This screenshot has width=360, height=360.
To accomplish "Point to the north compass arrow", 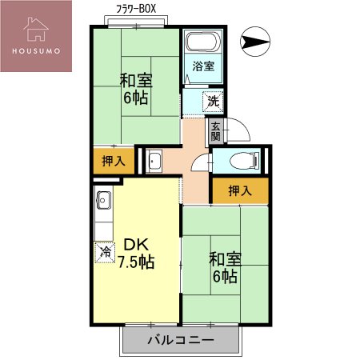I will tap(255, 42).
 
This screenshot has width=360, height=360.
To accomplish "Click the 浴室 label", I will tap(203, 67).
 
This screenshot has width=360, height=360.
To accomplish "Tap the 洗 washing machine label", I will tap(212, 101).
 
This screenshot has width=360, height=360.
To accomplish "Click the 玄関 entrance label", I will tap(214, 130).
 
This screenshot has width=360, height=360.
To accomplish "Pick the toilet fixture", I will tap(240, 161).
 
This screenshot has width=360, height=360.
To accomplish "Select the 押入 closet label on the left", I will tap(114, 161).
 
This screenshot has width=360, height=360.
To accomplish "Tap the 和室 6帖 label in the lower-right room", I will tap(224, 267).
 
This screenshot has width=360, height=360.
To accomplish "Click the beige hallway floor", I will tap(194, 172).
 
